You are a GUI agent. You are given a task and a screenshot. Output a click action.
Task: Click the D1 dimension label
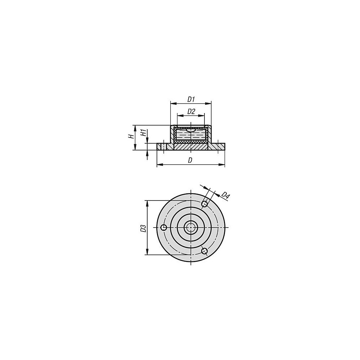point(191,99)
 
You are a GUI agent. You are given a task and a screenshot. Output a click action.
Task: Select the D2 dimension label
point(191,112)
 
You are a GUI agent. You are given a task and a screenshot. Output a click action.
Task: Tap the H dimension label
point(131,136)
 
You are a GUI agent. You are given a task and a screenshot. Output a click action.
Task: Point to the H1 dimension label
point(143,133)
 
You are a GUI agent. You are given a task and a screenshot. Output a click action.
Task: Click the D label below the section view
point(190,160)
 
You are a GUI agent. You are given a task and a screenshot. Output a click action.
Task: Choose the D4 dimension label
point(225,195)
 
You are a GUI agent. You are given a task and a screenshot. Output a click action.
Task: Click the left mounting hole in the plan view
point(164,228)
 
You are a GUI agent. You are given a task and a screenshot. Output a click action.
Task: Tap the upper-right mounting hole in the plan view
point(204,204)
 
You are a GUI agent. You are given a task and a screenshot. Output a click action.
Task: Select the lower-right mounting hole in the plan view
point(204,251)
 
